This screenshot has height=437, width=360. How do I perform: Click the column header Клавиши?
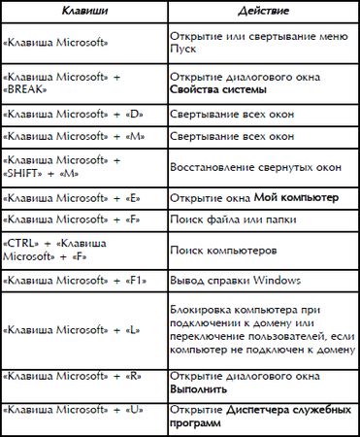(x=82, y=11)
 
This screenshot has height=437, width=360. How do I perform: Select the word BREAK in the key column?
(x=27, y=86)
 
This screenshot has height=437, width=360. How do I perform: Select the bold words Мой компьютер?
(x=296, y=197)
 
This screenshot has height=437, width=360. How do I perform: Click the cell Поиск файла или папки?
(x=229, y=218)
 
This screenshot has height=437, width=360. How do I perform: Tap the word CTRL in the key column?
(x=21, y=240)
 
